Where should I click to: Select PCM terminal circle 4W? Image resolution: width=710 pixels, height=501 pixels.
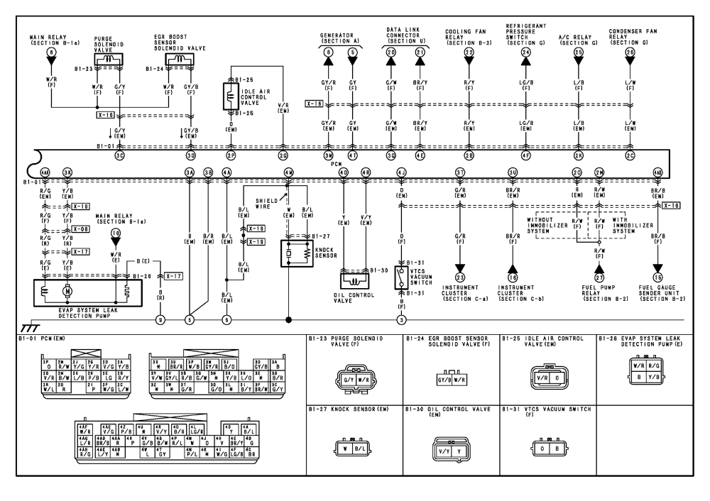click(x=288, y=172)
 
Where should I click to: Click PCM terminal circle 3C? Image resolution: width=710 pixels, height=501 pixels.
click(x=120, y=155)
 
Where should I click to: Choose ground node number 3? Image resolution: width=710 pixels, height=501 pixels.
click(x=401, y=320)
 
